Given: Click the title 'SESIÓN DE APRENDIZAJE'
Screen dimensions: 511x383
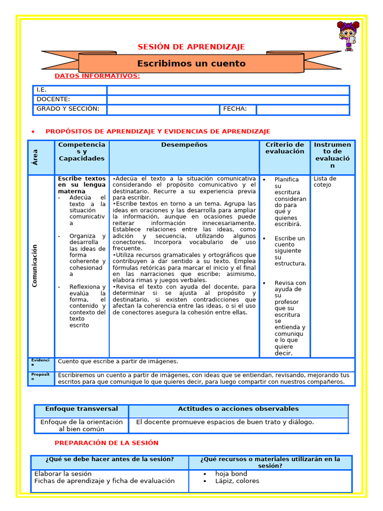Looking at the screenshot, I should point(191,47).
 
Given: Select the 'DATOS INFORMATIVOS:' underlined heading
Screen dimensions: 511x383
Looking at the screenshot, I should point(97,76).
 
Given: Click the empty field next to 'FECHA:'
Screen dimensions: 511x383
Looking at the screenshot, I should point(302,109).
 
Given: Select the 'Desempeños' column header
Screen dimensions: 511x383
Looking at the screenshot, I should point(184,145).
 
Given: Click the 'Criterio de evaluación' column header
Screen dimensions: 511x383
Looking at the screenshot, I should point(284,148).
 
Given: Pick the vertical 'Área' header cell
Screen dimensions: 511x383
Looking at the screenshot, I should point(41,157).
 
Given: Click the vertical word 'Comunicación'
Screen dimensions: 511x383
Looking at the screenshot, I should point(35,265).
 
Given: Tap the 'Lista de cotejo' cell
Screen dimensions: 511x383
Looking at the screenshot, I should point(325,182).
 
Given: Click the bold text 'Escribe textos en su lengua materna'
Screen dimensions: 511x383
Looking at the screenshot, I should point(82,185).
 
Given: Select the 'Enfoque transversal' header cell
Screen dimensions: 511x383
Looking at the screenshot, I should point(81,409).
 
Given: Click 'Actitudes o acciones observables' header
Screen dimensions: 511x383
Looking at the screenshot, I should point(238,409).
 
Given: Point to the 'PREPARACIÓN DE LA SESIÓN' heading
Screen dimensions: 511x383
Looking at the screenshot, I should point(106,443).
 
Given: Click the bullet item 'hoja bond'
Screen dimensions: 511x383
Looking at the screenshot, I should point(231,474).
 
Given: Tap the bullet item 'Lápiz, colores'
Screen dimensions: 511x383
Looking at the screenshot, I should point(237,481).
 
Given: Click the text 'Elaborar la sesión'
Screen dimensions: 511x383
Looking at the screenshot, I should point(63,474).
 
